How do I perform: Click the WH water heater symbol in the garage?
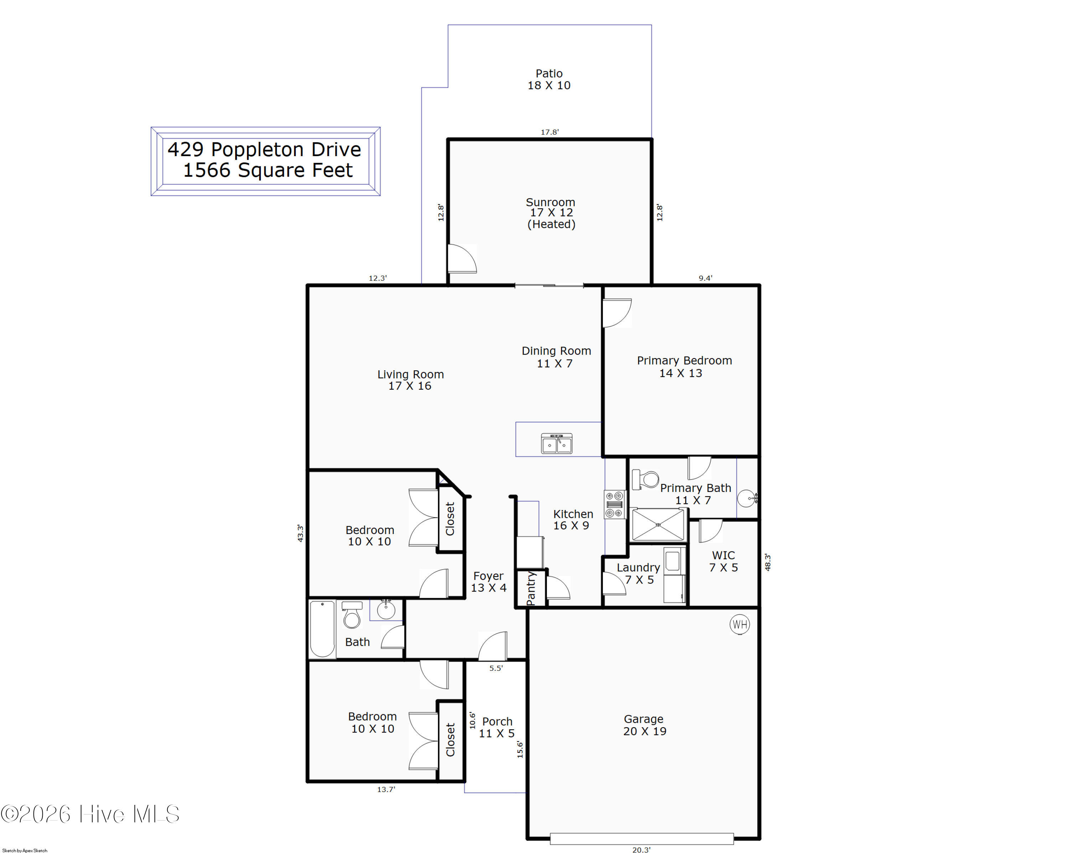click(x=740, y=625)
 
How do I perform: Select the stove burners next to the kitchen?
click(x=614, y=504)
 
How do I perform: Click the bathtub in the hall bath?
click(x=322, y=629)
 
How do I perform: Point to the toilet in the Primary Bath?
click(x=645, y=479)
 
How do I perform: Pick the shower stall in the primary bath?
click(x=658, y=525)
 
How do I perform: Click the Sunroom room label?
click(x=551, y=202)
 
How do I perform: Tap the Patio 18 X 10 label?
click(x=549, y=79)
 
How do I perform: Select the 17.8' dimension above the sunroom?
click(x=549, y=132)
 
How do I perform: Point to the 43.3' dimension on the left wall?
click(x=300, y=533)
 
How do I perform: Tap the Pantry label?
click(x=531, y=588)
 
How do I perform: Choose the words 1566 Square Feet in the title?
click(x=268, y=170)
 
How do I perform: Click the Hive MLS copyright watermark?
click(x=90, y=814)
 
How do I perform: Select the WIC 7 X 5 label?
click(x=723, y=561)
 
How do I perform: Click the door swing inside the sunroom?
click(x=462, y=258)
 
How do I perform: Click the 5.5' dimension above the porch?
click(x=496, y=668)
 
